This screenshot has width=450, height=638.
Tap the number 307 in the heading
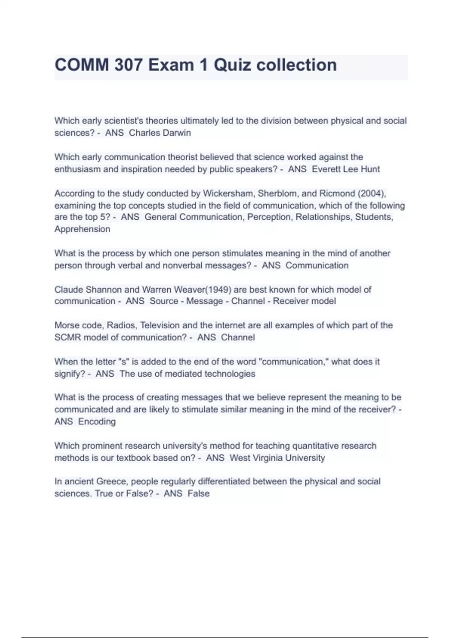point(129,65)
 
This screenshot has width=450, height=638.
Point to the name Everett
point(326,169)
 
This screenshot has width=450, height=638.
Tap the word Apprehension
point(82,229)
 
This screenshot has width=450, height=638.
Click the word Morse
point(66,325)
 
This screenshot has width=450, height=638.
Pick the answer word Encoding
point(97,422)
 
